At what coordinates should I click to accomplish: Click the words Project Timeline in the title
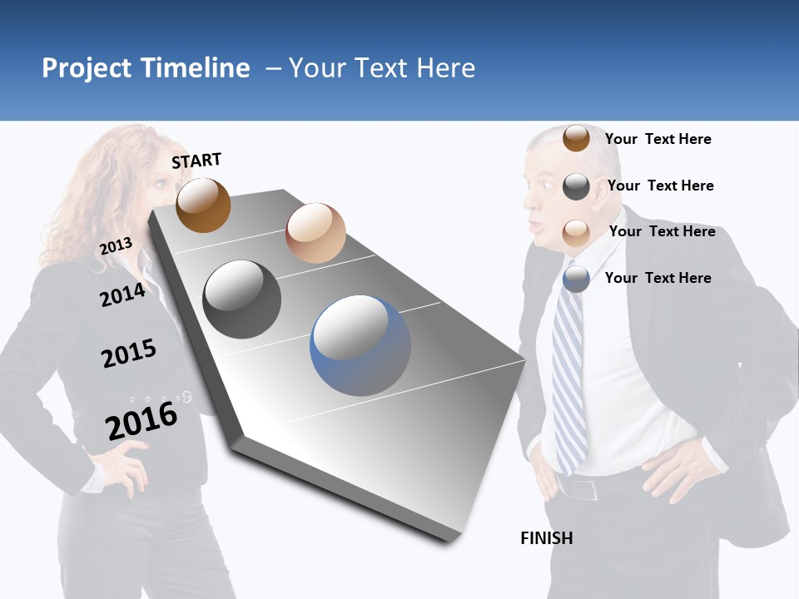(x=146, y=68)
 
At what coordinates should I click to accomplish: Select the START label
(x=196, y=161)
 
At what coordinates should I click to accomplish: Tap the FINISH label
(x=546, y=538)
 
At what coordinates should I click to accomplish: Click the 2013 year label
(x=116, y=246)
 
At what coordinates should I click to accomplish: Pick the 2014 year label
(x=122, y=295)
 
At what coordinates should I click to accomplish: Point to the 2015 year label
(x=129, y=354)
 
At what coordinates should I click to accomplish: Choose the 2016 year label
(x=141, y=420)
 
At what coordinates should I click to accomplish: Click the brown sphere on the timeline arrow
(x=203, y=205)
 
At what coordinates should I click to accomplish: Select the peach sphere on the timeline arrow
(x=315, y=233)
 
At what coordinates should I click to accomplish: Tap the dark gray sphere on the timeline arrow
(x=242, y=299)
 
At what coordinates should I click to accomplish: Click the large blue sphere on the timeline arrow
(x=360, y=345)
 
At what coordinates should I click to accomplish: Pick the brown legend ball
(x=576, y=138)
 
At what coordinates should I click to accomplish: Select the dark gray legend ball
(x=576, y=186)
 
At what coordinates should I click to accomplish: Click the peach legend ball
(x=576, y=232)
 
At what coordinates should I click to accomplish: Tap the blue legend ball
(x=576, y=279)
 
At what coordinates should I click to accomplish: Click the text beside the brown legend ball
(x=658, y=139)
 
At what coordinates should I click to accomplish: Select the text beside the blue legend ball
(x=658, y=278)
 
